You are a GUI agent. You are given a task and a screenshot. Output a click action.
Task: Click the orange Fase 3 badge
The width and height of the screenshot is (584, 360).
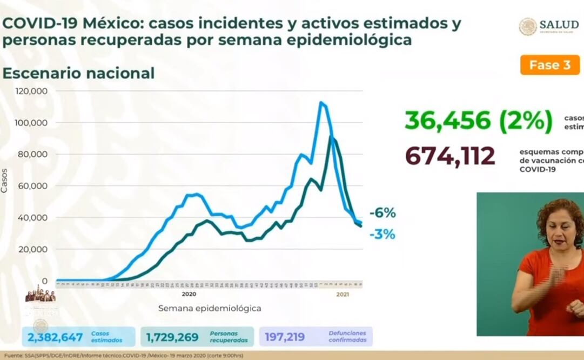click(549, 65)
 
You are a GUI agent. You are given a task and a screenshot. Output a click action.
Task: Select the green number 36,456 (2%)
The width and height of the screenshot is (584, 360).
click(479, 121)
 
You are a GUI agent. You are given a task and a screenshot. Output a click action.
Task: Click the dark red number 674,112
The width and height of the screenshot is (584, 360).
click(450, 156)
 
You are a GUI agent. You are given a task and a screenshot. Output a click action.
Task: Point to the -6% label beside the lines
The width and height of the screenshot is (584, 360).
click(383, 213)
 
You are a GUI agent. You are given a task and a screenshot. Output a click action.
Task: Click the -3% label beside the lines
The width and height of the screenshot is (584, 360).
click(383, 235)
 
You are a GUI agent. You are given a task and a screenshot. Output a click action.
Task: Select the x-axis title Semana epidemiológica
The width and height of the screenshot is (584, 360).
click(210, 308)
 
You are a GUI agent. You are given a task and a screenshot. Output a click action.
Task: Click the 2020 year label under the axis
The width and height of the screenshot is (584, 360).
click(189, 294)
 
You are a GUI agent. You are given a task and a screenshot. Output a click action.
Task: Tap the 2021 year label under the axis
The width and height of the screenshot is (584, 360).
click(342, 294)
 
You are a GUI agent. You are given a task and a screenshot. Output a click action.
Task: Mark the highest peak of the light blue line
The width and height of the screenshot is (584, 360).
click(321, 102)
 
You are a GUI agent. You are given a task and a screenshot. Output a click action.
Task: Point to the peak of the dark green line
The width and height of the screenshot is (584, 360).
click(331, 137)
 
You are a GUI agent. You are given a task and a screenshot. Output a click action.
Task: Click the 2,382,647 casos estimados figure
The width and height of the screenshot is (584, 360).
click(53, 337)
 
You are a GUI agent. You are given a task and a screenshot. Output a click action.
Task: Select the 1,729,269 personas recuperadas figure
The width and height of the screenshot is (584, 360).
click(172, 337)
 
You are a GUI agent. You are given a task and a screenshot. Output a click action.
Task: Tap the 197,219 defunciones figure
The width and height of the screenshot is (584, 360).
click(285, 337)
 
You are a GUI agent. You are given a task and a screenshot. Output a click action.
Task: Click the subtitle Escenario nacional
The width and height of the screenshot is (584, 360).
click(78, 73)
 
